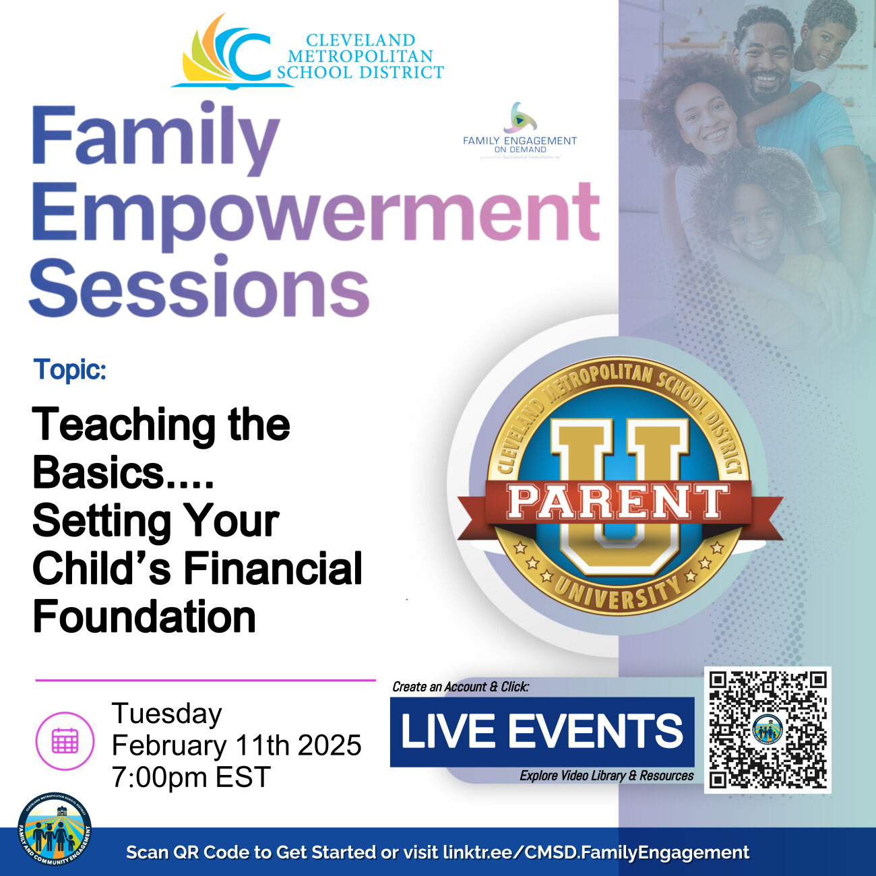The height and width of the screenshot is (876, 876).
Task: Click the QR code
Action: pos(768,730)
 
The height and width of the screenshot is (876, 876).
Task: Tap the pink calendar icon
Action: pos(65,741)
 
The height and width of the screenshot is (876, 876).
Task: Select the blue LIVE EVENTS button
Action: pos(542,732)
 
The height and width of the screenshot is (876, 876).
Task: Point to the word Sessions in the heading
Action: pos(199,288)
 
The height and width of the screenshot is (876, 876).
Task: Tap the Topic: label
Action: pos(70,370)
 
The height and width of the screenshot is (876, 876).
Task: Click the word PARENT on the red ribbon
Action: pos(617,503)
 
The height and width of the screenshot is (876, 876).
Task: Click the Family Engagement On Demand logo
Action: pos(520,131)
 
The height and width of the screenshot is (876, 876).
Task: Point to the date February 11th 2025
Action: pos(237,745)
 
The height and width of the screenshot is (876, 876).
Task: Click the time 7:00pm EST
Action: pos(191,777)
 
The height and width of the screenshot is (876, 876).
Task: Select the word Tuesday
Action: pos(166,714)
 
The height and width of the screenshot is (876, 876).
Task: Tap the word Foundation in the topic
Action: pos(144,617)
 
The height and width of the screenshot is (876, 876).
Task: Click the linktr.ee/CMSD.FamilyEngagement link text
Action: pos(596,852)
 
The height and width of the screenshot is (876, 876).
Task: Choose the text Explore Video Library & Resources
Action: pos(606,776)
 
